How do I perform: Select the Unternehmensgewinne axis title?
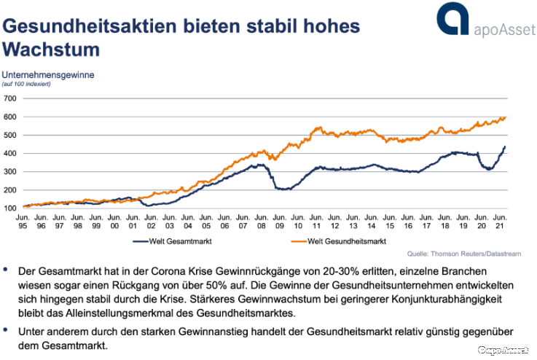[x=48, y=74]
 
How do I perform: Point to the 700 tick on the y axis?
[x=10, y=98]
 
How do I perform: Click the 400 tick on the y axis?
[x=10, y=153]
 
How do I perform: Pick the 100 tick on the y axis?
[x=10, y=208]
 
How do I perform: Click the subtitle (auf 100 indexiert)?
[x=26, y=85]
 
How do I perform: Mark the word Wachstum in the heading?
[x=51, y=50]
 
